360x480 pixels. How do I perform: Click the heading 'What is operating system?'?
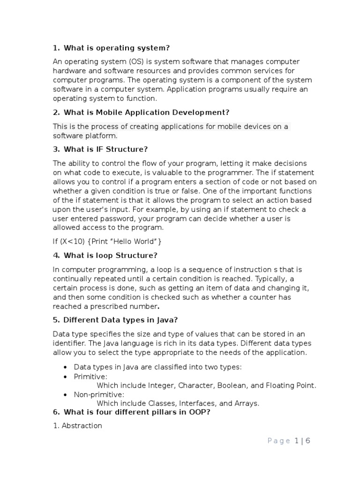[116, 48]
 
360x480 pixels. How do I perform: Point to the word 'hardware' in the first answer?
[69, 71]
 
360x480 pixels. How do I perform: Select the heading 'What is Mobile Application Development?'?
[146, 112]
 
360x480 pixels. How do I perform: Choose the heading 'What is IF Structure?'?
[105, 150]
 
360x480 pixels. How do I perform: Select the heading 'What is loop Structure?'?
[110, 255]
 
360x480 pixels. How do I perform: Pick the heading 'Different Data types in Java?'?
[120, 320]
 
